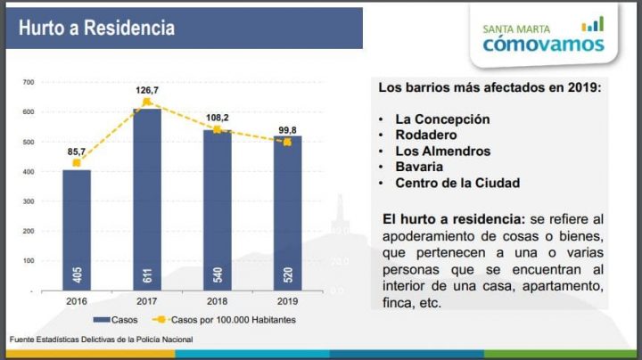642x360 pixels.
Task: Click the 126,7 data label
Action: click(x=147, y=90)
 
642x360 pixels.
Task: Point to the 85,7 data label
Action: click(x=77, y=151)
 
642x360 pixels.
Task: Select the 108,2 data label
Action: click(x=218, y=117)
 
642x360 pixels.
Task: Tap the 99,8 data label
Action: click(x=288, y=129)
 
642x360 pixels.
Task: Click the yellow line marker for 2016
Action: click(x=77, y=164)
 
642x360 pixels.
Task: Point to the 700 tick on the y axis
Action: click(x=28, y=83)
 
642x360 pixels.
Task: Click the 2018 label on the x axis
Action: click(x=217, y=301)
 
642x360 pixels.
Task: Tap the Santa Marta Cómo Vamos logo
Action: click(x=543, y=37)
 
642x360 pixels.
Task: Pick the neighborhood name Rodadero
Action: click(x=426, y=135)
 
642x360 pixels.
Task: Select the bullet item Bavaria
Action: click(x=420, y=167)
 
